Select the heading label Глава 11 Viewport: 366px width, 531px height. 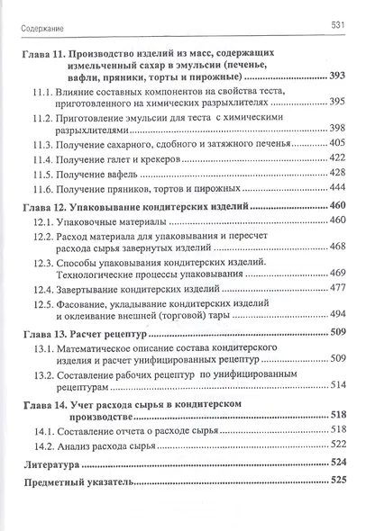42,57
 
